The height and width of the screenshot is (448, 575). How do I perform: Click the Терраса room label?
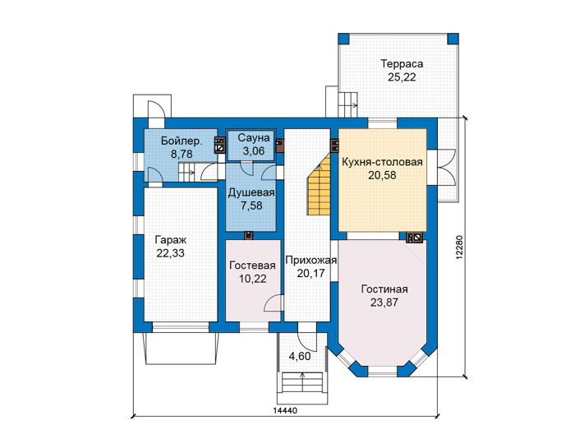click(x=402, y=64)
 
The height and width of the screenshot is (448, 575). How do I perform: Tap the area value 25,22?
click(x=402, y=77)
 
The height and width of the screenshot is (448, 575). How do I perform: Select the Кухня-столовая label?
click(x=382, y=162)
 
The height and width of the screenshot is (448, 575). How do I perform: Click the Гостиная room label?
click(x=384, y=289)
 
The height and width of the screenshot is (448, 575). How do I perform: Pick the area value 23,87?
click(x=384, y=303)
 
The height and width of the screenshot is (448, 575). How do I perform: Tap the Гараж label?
click(x=171, y=240)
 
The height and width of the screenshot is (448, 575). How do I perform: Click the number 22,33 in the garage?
click(x=171, y=253)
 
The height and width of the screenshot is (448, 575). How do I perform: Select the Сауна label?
click(x=253, y=138)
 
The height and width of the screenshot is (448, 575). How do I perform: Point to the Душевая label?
click(x=251, y=193)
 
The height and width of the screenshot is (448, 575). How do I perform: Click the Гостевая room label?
click(x=253, y=266)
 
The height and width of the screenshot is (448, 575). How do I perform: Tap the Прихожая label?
click(x=311, y=260)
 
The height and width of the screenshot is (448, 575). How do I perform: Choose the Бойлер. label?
click(x=182, y=141)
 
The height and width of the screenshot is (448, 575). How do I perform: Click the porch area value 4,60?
click(x=300, y=356)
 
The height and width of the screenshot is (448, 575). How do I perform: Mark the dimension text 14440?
click(x=285, y=410)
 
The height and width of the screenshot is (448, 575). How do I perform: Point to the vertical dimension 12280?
click(x=460, y=247)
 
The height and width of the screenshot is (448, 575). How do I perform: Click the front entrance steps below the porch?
click(x=302, y=382)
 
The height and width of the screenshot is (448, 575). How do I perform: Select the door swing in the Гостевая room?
click(x=273, y=303)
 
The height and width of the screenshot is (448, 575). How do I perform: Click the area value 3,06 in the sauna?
click(x=253, y=150)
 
